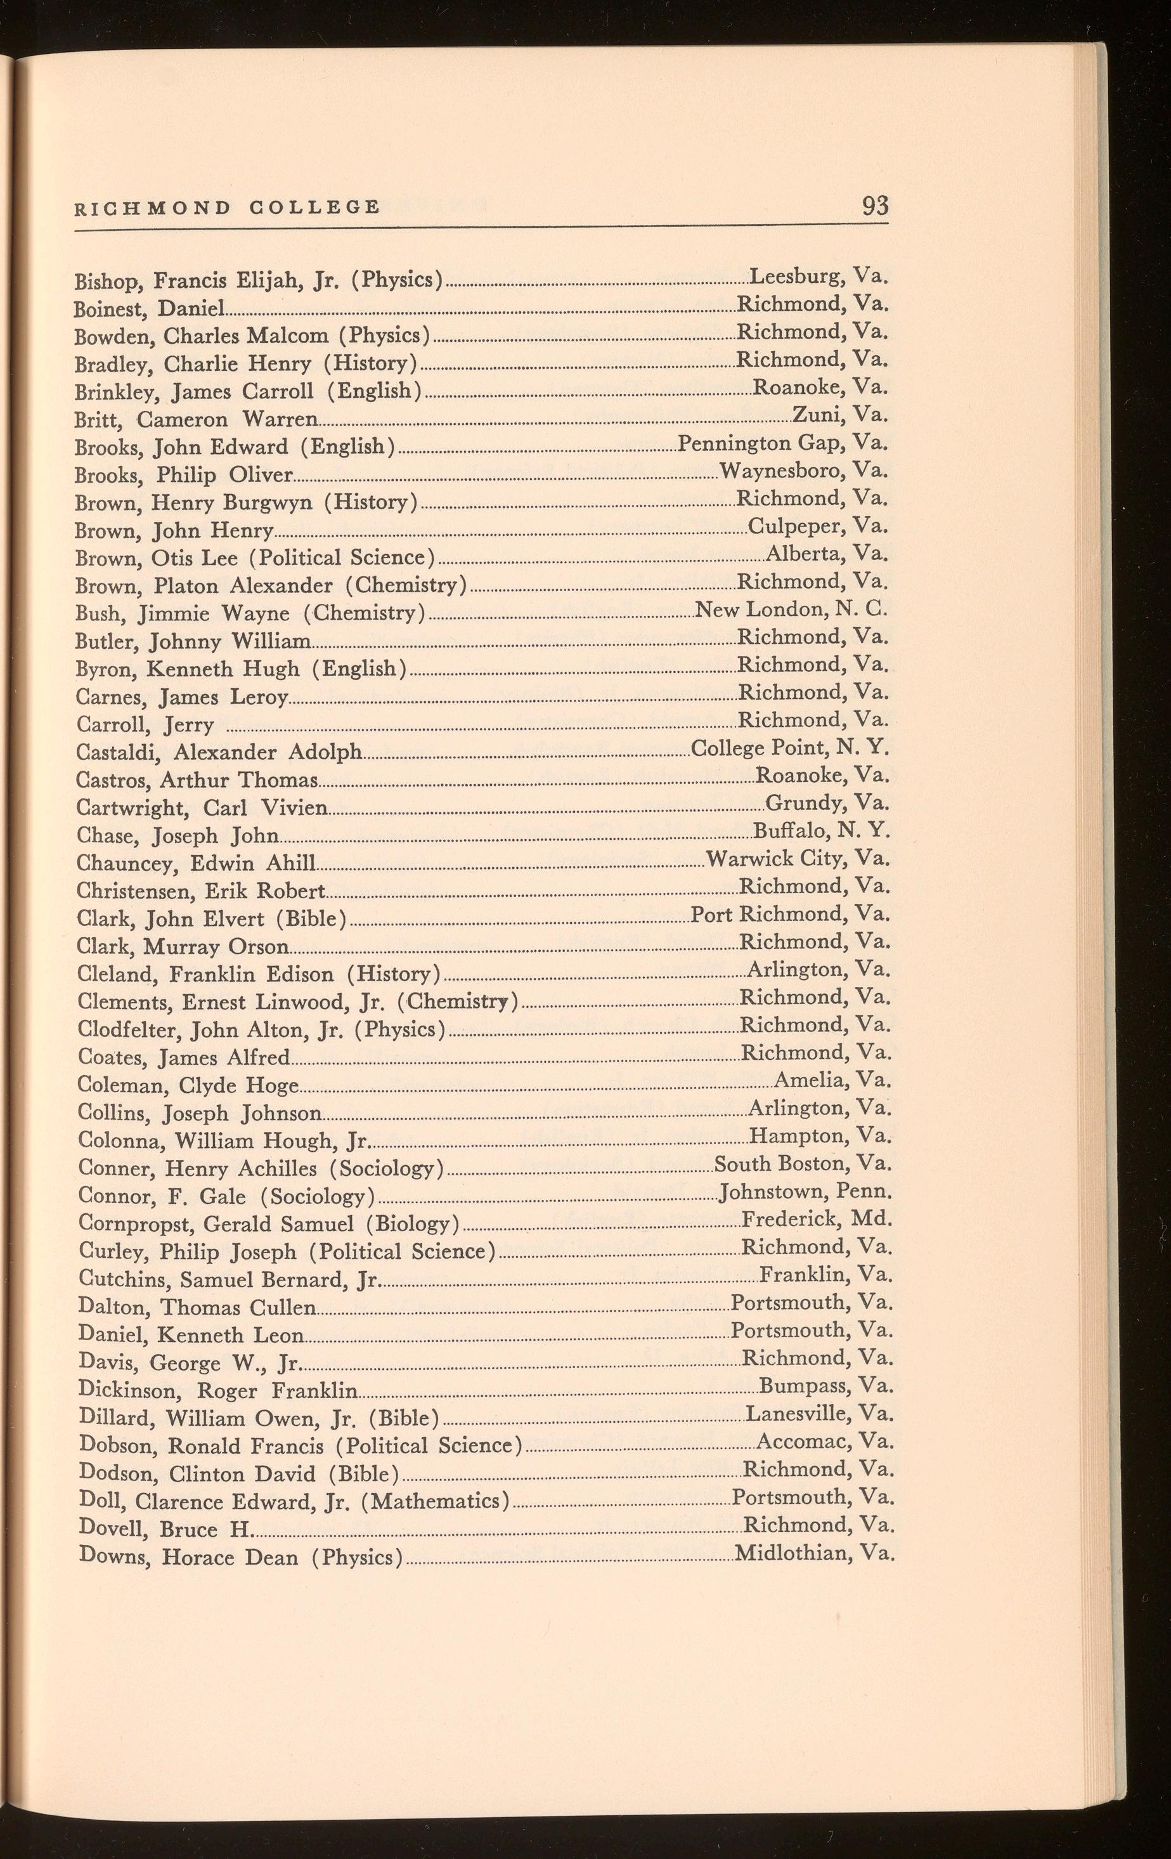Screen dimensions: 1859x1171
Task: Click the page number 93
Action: [876, 206]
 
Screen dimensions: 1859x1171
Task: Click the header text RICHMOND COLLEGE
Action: [227, 207]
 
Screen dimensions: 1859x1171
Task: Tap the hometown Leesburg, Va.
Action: [819, 276]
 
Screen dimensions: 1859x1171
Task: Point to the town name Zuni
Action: [813, 415]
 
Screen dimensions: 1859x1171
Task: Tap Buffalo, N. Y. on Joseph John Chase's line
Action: [822, 831]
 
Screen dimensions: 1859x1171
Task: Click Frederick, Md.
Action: [817, 1219]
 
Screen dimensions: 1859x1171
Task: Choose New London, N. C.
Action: [792, 610]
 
